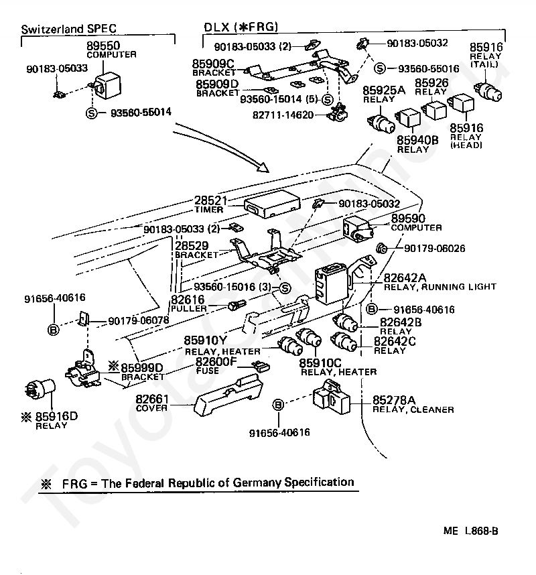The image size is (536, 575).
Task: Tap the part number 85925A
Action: [x=384, y=90]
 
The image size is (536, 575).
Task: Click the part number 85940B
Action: [x=417, y=140]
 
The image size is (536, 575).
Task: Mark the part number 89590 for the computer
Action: [x=409, y=218]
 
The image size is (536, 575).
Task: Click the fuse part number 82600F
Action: [x=216, y=363]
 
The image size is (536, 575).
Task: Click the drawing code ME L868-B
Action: [x=470, y=531]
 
